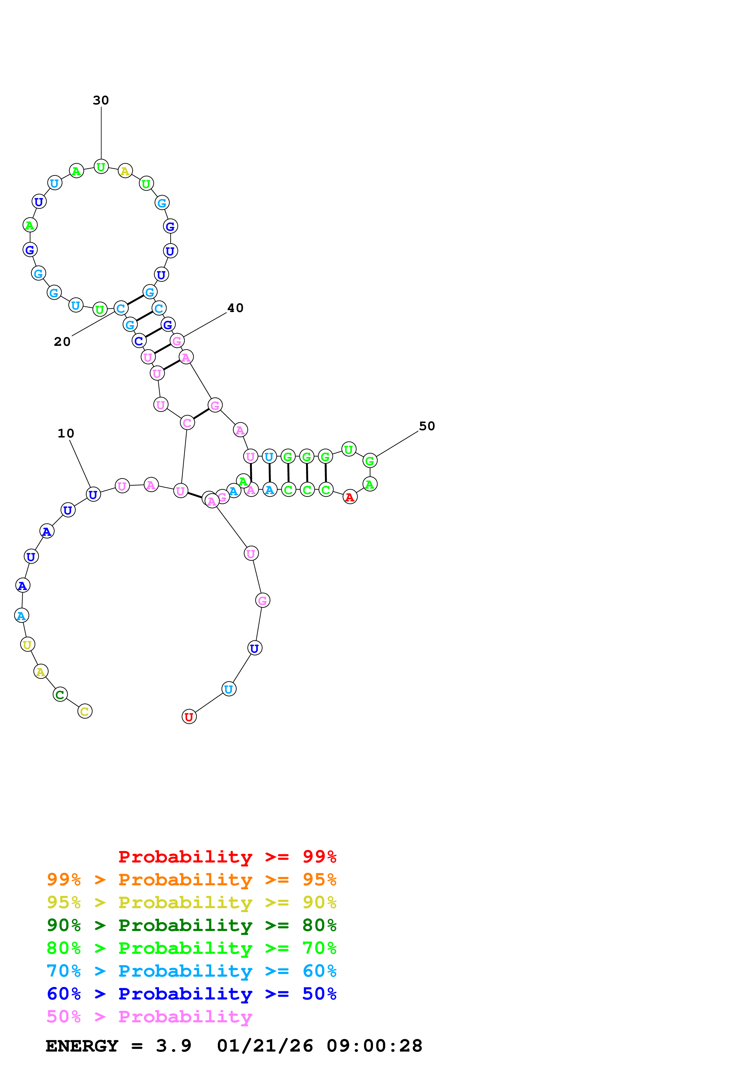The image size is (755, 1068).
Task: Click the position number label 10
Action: coord(65,433)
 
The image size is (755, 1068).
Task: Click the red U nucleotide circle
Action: coord(189,716)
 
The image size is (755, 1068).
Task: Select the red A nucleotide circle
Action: coord(350,497)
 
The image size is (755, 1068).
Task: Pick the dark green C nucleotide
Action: coord(60,694)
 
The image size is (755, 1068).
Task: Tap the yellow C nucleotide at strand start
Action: coord(85,711)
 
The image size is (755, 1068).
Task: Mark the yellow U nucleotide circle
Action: coord(27,644)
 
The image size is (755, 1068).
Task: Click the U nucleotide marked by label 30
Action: coord(101,166)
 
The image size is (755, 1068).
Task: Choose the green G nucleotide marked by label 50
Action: coord(370,461)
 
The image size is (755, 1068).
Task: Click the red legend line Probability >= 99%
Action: coord(227,856)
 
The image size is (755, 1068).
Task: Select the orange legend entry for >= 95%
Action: coord(191,880)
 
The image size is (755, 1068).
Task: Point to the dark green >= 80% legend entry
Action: coord(191,925)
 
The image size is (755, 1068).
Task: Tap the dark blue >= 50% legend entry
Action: coord(191,994)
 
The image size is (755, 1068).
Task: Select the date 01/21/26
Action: coord(265,1046)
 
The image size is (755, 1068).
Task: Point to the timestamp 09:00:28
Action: coord(374,1046)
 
